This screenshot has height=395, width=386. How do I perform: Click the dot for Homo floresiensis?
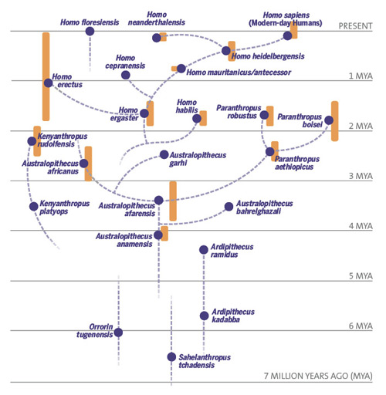(x=90, y=32)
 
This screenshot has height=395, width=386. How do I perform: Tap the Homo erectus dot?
(x=48, y=83)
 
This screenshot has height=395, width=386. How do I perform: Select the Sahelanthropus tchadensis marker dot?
(x=171, y=357)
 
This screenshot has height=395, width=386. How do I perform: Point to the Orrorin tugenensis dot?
(x=118, y=333)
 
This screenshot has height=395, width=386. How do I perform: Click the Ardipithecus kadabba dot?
(x=204, y=316)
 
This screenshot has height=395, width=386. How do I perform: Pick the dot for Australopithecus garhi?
(x=164, y=154)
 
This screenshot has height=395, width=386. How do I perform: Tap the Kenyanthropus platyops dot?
(x=34, y=206)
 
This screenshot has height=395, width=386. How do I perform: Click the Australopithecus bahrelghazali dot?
(x=229, y=207)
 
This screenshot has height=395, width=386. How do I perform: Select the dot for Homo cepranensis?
(x=126, y=75)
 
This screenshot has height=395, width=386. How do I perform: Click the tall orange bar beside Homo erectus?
(x=46, y=76)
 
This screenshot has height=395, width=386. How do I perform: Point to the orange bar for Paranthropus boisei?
(x=335, y=121)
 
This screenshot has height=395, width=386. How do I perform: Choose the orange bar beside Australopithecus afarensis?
(x=173, y=201)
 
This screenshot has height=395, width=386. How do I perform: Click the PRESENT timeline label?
(x=355, y=26)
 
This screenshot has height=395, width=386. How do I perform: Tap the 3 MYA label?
(x=361, y=176)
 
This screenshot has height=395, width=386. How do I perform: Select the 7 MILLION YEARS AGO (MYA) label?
(x=318, y=376)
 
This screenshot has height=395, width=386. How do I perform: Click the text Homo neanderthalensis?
(x=157, y=19)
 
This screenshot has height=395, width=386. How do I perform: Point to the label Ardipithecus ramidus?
(x=232, y=251)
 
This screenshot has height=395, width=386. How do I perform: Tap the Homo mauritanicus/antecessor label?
(x=239, y=73)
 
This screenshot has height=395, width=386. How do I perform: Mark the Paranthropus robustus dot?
(x=264, y=115)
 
